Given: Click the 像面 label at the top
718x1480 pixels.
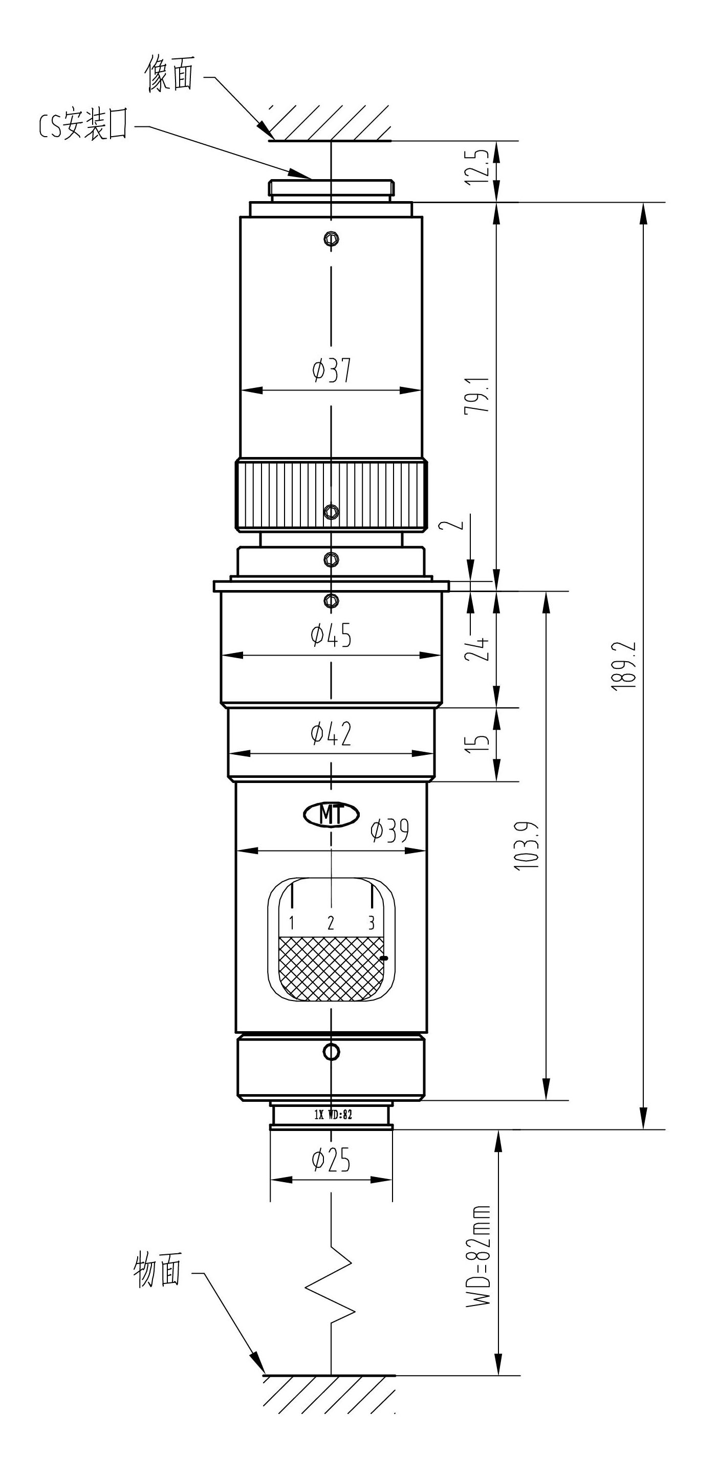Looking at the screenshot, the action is [169, 74].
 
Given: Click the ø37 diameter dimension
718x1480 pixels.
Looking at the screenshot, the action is [332, 371].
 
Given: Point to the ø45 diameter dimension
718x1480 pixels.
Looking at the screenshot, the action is [331, 635].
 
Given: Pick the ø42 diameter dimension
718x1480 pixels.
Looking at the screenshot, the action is [331, 734].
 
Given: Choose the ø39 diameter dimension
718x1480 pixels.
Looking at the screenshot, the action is [390, 830].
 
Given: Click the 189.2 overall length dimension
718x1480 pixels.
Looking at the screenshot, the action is [625, 665].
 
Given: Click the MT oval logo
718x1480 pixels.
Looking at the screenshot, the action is [332, 814].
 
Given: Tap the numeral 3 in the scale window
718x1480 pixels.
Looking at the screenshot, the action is [371, 923].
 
